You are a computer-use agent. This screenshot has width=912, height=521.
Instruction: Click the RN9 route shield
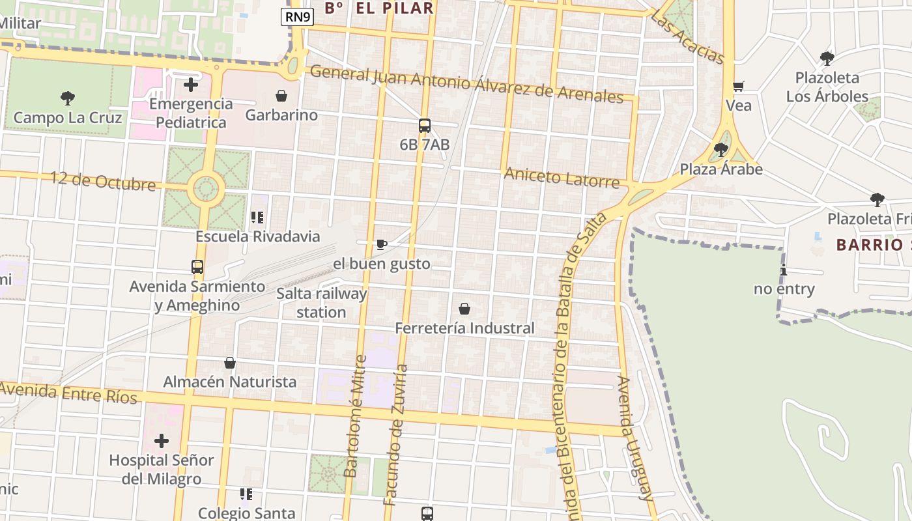[298, 17]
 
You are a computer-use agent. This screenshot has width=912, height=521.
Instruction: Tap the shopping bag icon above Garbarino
[281, 96]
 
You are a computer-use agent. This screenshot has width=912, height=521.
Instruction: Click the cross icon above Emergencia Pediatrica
[191, 85]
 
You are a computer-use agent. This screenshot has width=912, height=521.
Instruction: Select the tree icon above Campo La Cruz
[67, 99]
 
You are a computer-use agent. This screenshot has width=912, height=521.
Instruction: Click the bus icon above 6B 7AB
[425, 126]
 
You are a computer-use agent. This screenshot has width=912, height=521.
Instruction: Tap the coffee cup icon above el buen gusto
[382, 245]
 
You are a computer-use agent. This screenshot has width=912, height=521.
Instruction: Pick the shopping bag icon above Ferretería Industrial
[464, 309]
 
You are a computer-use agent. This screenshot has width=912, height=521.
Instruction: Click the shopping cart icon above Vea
[739, 87]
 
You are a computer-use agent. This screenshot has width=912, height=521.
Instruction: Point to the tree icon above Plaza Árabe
[720, 150]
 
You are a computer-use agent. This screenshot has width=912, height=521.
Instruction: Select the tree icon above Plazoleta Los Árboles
[827, 59]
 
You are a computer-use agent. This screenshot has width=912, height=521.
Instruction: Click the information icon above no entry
[784, 270]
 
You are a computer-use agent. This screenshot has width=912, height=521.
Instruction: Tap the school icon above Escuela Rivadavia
[257, 218]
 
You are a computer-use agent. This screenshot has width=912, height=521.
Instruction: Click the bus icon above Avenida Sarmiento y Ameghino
[197, 267]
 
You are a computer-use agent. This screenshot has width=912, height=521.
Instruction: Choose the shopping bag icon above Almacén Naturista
[230, 363]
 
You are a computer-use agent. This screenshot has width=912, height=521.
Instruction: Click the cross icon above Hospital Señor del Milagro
[161, 441]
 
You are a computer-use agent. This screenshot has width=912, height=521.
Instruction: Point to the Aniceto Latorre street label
[562, 177]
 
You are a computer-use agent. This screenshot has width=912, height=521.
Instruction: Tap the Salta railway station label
[322, 303]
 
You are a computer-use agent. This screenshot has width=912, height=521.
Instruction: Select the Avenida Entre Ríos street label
[68, 393]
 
